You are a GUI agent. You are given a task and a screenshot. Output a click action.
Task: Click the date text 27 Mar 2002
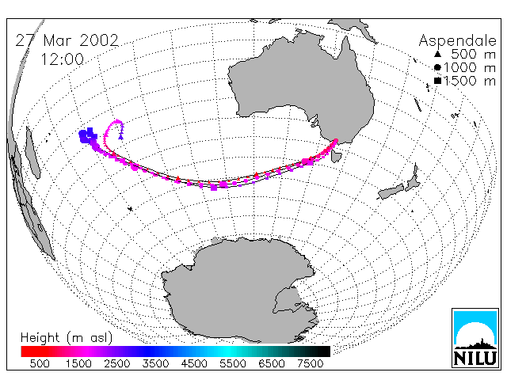pyautogui.click(x=67, y=40)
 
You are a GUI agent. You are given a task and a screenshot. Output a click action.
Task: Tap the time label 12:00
pyautogui.click(x=62, y=59)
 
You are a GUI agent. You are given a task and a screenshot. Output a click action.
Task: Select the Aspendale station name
pyautogui.click(x=457, y=41)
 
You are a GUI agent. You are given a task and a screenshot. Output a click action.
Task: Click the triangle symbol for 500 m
pyautogui.click(x=437, y=54)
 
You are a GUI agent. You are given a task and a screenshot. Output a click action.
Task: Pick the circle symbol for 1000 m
pyautogui.click(x=437, y=67)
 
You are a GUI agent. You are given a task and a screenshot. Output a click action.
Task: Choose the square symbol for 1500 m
pyautogui.click(x=437, y=81)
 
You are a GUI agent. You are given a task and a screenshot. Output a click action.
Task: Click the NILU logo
pyautogui.click(x=475, y=338)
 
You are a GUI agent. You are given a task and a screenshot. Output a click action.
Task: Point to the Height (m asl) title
pyautogui.click(x=67, y=338)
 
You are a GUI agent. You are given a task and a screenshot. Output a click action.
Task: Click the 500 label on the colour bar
pyautogui.click(x=40, y=363)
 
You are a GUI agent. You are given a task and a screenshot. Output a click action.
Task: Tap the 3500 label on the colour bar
pyautogui.click(x=155, y=363)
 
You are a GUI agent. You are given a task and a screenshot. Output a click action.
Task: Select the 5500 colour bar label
pyautogui.click(x=233, y=363)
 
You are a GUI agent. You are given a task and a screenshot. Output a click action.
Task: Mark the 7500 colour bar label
pyautogui.click(x=310, y=363)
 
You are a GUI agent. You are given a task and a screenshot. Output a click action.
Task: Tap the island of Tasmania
pyautogui.click(x=336, y=157)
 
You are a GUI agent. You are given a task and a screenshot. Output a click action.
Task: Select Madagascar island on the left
pyautogui.click(x=32, y=153)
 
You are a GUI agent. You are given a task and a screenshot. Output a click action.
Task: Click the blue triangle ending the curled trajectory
pyautogui.click(x=121, y=137)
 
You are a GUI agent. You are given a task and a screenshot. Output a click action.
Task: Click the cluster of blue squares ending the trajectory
pyautogui.click(x=88, y=135)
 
